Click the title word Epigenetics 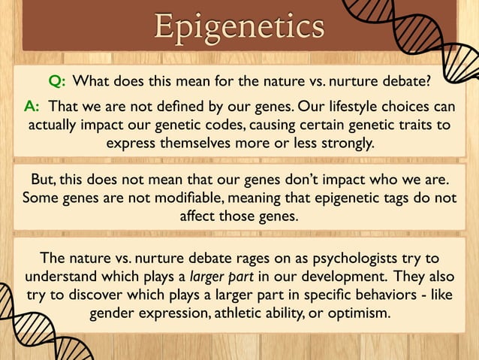tap(239, 26)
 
